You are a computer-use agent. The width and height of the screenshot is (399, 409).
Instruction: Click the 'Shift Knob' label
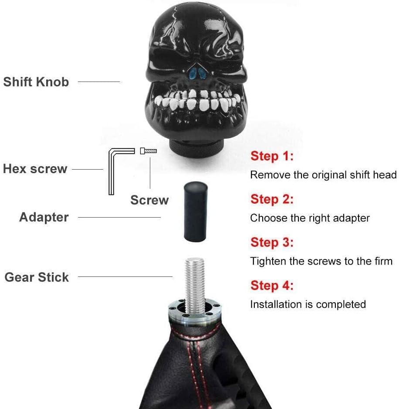(36, 82)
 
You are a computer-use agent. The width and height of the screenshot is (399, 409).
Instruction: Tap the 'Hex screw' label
(35, 169)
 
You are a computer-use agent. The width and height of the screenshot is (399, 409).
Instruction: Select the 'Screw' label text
(149, 200)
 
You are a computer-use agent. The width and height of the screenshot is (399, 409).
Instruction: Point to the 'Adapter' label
(44, 217)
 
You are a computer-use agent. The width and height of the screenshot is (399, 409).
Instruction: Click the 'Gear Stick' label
(37, 277)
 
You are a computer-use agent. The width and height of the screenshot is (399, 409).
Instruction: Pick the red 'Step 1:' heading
(272, 156)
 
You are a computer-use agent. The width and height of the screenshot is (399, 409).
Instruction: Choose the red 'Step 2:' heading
(272, 199)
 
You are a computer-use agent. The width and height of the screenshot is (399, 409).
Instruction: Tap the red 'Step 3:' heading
(272, 242)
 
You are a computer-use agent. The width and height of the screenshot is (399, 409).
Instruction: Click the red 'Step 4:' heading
(272, 285)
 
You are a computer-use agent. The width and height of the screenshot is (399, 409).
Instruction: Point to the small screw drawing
(148, 151)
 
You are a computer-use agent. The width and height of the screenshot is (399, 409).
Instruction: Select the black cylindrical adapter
(196, 212)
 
